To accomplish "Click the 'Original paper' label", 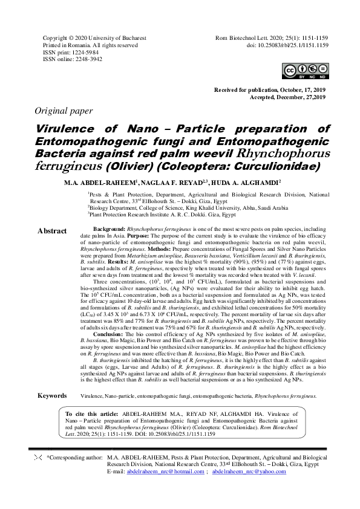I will pyautogui.click(x=64, y=111).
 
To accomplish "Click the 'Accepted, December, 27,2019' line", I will pyautogui.click(x=284, y=97).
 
